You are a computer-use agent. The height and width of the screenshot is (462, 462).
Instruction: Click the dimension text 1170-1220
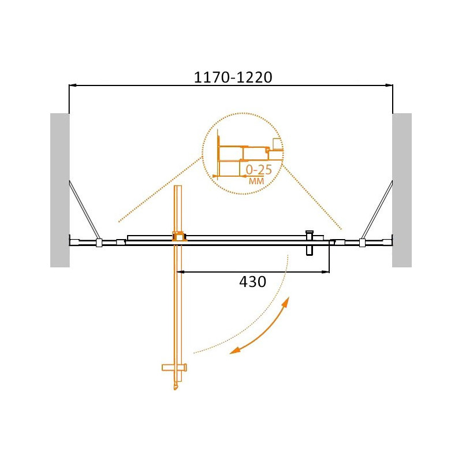pyautogui.click(x=233, y=77)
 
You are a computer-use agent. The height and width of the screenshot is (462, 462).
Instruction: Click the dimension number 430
pyautogui.click(x=252, y=282)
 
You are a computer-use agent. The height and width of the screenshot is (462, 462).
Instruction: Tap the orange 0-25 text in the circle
pyautogui.click(x=259, y=170)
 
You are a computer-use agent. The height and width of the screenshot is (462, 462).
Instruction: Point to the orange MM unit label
pyautogui.click(x=256, y=181)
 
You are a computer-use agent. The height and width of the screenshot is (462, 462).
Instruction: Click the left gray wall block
pyautogui.click(x=60, y=191)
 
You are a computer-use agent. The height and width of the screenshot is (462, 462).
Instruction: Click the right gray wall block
pyautogui.click(x=401, y=191)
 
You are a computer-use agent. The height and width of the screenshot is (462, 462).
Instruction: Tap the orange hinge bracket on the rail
pyautogui.click(x=179, y=237)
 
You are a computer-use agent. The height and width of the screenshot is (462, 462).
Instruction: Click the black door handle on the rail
pyautogui.click(x=310, y=243)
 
